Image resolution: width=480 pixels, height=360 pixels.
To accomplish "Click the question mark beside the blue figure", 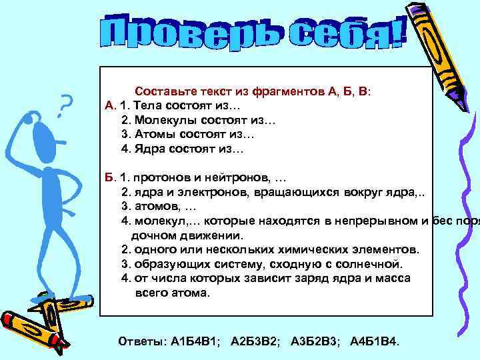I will (x=64, y=105).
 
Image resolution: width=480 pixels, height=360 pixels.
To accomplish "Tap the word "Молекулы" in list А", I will (x=161, y=120).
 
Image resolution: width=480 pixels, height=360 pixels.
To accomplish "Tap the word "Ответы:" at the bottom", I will (x=139, y=341).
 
